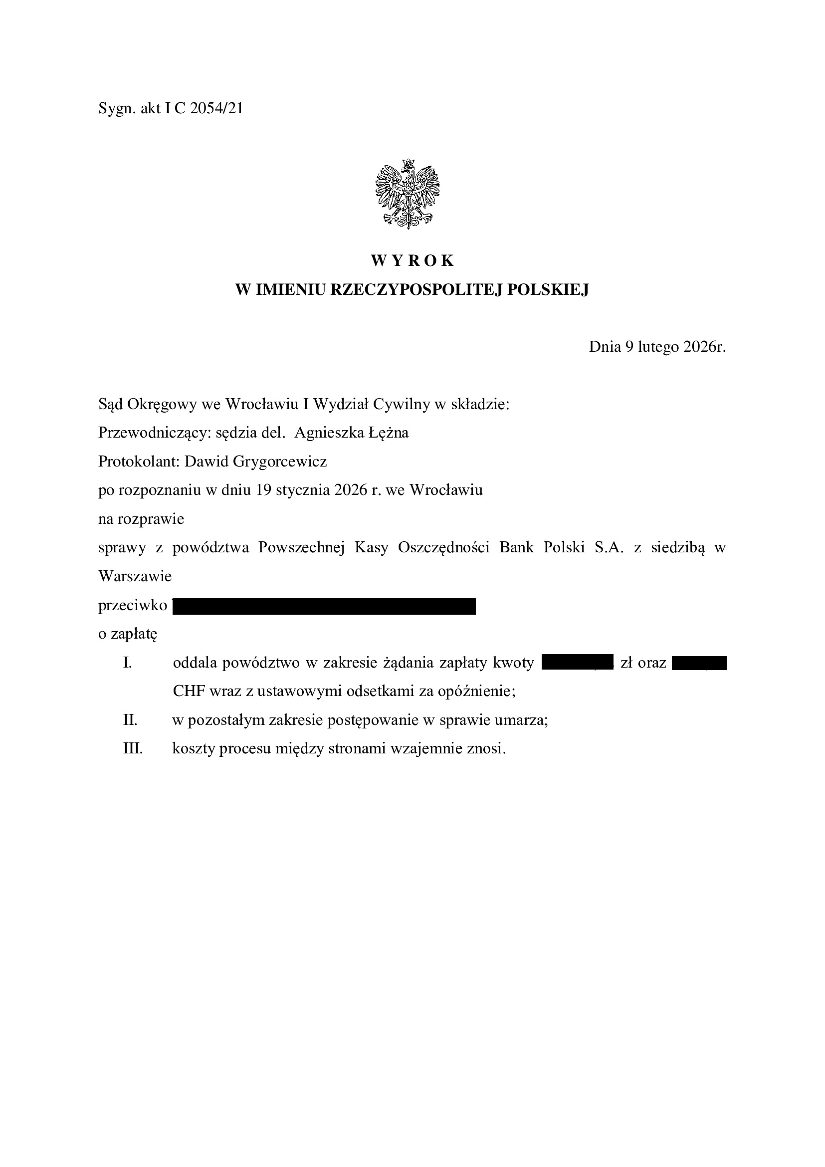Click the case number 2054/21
(x=216, y=108)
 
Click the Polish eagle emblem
(x=408, y=194)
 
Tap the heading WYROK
(x=412, y=261)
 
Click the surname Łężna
(x=389, y=433)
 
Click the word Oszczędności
(x=443, y=547)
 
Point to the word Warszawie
(x=135, y=576)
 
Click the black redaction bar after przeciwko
(x=324, y=606)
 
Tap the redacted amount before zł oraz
(x=578, y=663)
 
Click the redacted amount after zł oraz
(x=699, y=663)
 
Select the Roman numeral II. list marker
(x=130, y=720)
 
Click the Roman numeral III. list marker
(x=133, y=749)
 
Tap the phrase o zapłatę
(x=128, y=635)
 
